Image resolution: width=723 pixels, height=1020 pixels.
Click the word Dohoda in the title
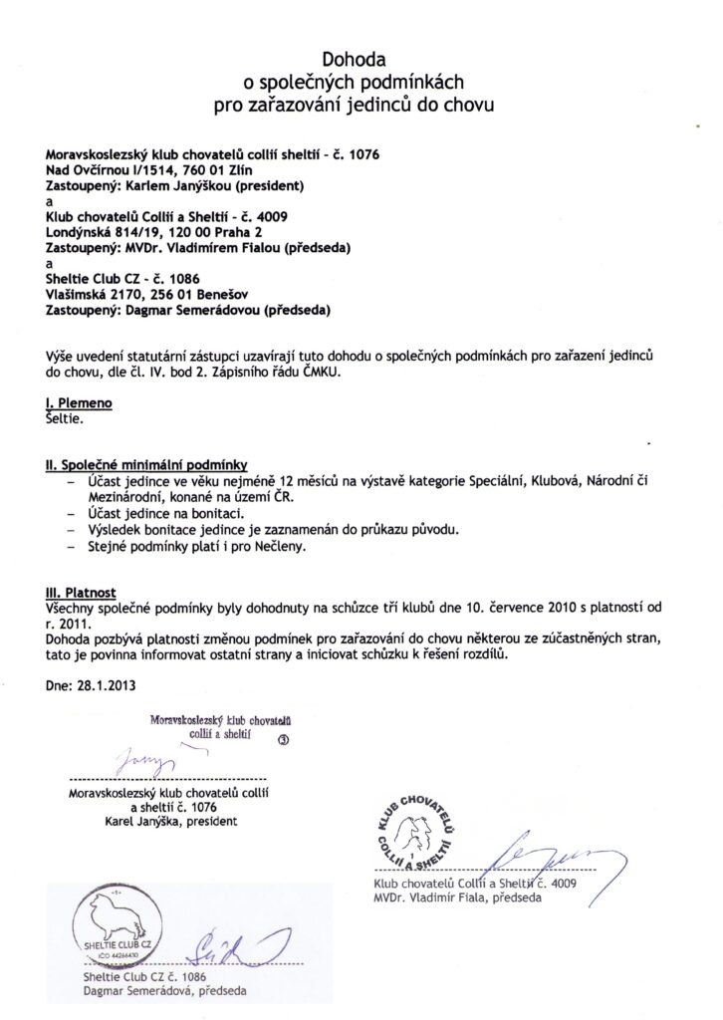[x=361, y=61]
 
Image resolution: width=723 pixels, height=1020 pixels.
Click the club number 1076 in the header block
[x=361, y=154]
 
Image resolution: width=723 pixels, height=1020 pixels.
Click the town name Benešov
[x=205, y=294]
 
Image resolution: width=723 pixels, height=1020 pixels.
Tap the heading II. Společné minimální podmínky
[x=145, y=464]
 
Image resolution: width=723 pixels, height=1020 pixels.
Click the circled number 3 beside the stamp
[x=283, y=740]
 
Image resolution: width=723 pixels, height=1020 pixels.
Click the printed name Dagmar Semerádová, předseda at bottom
[x=165, y=992]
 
